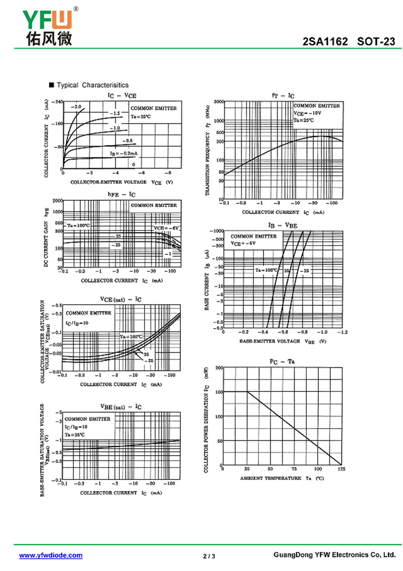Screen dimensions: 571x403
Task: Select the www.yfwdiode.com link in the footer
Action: pos(50,555)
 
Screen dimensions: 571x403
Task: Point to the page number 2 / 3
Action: pos(209,556)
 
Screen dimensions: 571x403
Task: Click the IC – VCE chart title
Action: pos(121,95)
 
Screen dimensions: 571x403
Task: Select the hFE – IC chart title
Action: pos(121,194)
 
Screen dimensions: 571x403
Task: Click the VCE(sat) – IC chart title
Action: pos(121,299)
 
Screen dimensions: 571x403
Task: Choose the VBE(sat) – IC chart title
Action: pos(121,406)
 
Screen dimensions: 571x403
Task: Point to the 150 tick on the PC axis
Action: pos(219,392)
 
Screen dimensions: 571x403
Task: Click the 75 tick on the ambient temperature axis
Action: pos(294,469)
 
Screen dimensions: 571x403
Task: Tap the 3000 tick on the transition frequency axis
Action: pos(219,102)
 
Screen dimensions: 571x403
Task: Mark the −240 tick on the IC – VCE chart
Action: pos(56,101)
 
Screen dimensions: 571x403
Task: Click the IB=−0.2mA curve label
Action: pos(124,152)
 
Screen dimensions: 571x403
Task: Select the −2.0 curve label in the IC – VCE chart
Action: pos(76,107)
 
